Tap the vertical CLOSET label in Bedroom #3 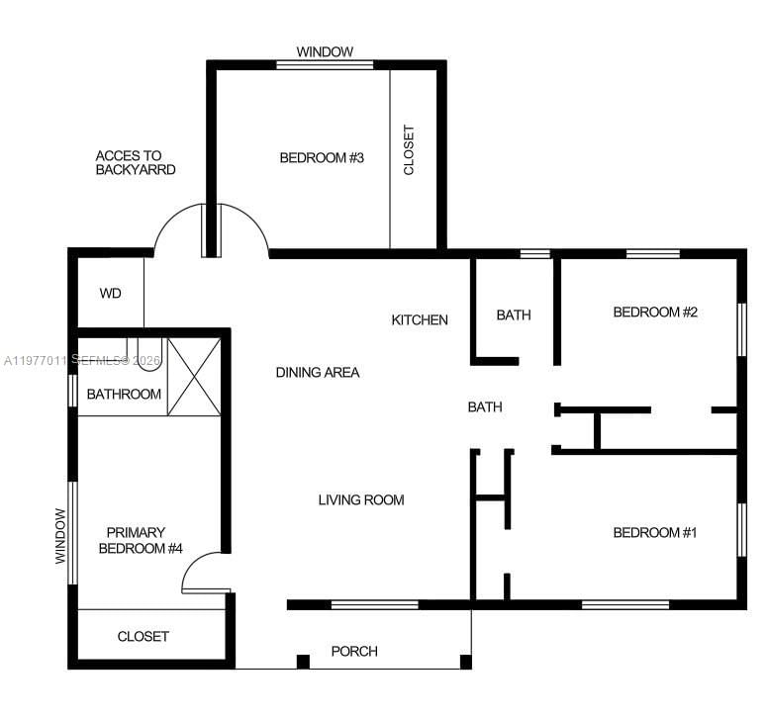coord(409,150)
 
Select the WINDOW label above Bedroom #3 coord(325,51)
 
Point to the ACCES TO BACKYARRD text coord(135,162)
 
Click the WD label coord(111,293)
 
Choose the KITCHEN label coord(420,319)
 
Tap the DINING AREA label coord(317,373)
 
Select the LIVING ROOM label coord(361,499)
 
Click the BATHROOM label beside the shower coord(124,394)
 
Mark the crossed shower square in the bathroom coord(193,376)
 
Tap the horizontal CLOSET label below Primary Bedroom coord(144,636)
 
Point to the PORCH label coord(354,651)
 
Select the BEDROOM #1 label coord(655,533)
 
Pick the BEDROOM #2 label coord(655,313)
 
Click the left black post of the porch coord(303,661)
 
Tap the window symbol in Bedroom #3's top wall coord(325,65)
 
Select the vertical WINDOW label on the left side coord(60,536)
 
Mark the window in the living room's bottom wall coord(374,604)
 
